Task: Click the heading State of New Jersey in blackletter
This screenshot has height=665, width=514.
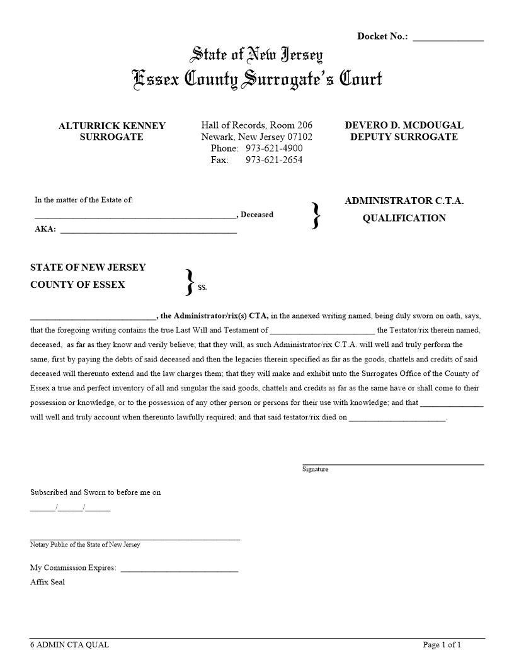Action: (x=256, y=55)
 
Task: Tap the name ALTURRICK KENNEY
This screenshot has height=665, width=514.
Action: (x=112, y=126)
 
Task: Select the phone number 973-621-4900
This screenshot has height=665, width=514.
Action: (x=274, y=149)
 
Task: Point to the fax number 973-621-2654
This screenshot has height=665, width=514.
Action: (x=274, y=160)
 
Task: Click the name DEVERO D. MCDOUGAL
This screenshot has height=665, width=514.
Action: (x=404, y=125)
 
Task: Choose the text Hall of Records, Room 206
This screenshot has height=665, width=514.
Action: (x=256, y=125)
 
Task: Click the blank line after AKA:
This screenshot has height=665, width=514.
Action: (x=148, y=231)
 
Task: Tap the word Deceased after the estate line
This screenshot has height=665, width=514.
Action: (x=257, y=215)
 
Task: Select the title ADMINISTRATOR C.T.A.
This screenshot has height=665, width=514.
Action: (x=404, y=202)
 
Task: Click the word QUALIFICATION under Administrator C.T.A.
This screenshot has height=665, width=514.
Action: (x=404, y=219)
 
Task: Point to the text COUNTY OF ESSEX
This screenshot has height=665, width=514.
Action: (x=77, y=285)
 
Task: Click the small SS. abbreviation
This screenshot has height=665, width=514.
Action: (x=202, y=288)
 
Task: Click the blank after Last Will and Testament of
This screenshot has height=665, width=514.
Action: (x=322, y=331)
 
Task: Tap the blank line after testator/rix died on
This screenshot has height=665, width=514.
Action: (x=397, y=418)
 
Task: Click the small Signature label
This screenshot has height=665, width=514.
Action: (x=315, y=469)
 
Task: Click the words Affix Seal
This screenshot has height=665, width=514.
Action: (x=47, y=583)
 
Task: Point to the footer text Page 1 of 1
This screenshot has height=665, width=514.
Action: (x=442, y=645)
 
